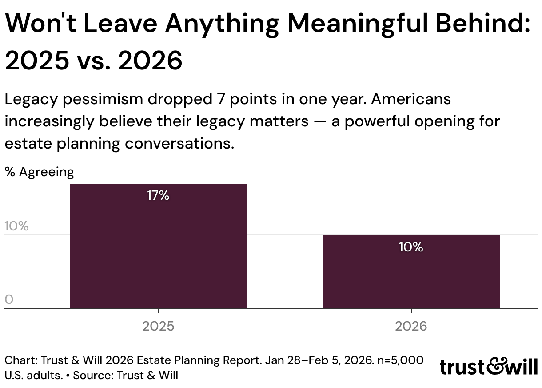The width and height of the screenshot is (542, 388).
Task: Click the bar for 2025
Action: tap(158, 246)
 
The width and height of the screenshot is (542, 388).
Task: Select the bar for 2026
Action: tap(411, 271)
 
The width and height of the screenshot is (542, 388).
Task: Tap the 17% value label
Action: tap(158, 195)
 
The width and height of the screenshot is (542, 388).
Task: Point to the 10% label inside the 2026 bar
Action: tap(411, 247)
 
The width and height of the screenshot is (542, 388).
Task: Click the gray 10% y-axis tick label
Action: tap(17, 226)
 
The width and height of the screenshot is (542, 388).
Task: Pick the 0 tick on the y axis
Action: tap(9, 299)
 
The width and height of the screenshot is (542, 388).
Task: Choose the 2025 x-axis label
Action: tap(158, 326)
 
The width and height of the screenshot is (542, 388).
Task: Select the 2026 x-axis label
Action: tap(411, 326)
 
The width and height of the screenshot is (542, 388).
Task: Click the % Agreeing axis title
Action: tap(40, 172)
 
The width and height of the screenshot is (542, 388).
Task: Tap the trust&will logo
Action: tap(489, 367)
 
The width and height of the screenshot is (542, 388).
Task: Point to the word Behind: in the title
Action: tap(483, 23)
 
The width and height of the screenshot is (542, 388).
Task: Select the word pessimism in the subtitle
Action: tap(103, 99)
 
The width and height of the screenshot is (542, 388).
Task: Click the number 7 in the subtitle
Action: tap(221, 99)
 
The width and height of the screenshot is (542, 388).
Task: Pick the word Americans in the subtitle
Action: tap(411, 99)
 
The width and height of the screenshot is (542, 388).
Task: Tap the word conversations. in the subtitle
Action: tap(179, 143)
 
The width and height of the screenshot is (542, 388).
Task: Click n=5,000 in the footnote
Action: tap(400, 360)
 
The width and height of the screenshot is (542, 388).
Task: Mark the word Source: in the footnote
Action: tap(93, 376)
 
